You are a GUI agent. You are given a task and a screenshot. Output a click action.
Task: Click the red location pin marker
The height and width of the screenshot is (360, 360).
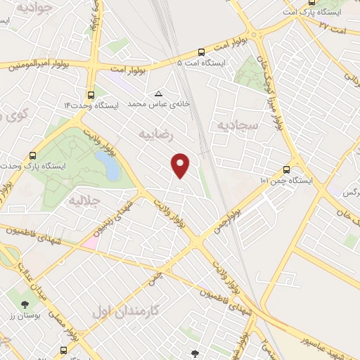point(181,165)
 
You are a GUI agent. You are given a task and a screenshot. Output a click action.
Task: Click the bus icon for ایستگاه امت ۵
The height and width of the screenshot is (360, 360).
point(202,51)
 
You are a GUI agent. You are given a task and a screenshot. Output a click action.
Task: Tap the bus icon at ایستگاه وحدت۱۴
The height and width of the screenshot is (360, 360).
point(91,94)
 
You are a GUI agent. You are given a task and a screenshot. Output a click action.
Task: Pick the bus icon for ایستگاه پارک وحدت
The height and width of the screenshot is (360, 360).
point(32,155)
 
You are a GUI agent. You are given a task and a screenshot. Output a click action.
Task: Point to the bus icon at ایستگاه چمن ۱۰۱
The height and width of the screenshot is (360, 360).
point(285,169)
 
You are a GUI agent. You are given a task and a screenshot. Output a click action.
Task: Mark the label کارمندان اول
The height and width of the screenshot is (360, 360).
point(126,310)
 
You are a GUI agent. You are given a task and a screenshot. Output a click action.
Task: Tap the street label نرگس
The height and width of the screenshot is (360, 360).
point(347,192)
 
